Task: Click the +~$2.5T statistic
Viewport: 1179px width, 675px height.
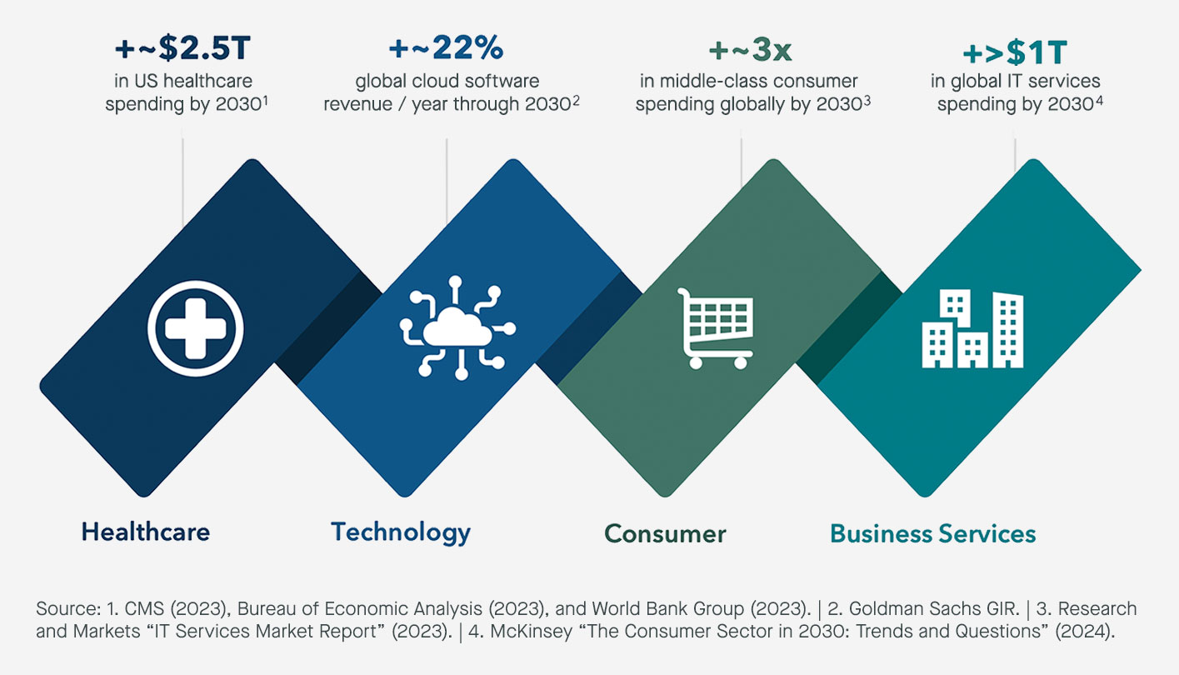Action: (182, 48)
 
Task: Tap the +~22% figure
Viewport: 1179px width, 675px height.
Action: (447, 48)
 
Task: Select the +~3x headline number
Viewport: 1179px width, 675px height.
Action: (750, 51)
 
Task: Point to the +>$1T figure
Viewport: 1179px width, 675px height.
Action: (1015, 52)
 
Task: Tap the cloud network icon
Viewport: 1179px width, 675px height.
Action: (457, 327)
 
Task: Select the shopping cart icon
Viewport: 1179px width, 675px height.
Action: (715, 328)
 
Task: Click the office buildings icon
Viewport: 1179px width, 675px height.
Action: (972, 328)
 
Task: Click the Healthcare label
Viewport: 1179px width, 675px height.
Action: (146, 532)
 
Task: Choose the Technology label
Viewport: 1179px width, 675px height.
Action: (401, 532)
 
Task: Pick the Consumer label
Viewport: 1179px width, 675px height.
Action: (665, 534)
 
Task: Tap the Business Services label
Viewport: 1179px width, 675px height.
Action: (933, 534)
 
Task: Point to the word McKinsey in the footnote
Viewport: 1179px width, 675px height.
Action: (531, 631)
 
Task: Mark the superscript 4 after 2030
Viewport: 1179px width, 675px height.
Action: (1099, 100)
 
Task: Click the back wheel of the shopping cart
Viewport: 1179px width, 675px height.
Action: (695, 362)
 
